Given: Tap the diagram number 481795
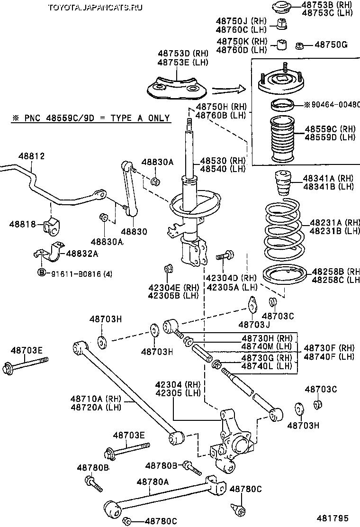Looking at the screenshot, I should point(338,518).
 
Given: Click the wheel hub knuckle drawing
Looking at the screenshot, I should point(232,441).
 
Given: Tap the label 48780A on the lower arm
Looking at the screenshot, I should point(153,482).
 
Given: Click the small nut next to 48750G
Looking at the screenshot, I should point(299,45).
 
